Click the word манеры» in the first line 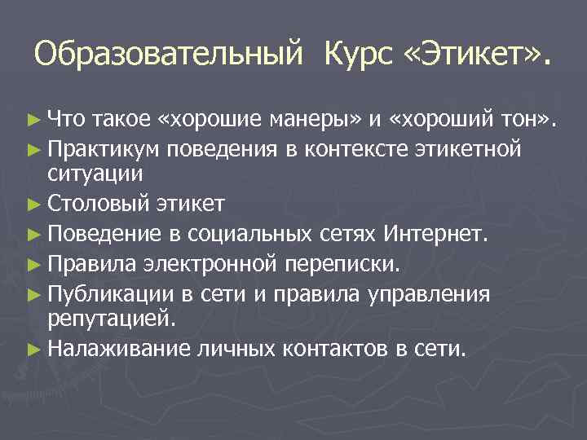pyautogui.click(x=316, y=121)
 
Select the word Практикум pyautogui.click(x=105, y=150)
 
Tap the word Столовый pyautogui.click(x=99, y=202)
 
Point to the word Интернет pyautogui.click(x=443, y=235)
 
